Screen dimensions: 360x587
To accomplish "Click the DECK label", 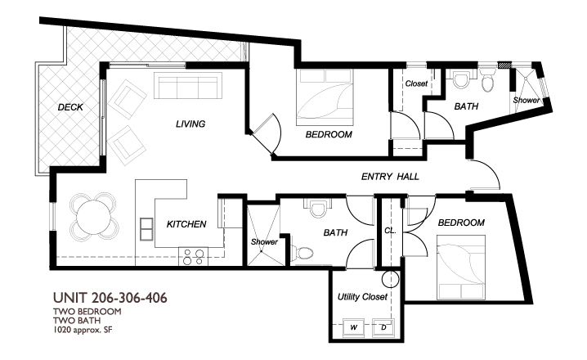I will coord(70,107).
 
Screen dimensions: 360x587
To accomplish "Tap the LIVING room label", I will coord(190,124).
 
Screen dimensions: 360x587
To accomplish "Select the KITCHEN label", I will coord(186,223).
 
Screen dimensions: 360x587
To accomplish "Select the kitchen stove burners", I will coord(193,257).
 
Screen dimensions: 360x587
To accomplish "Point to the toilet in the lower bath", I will coord(305,253).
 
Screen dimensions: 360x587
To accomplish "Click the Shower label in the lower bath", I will coord(264,242).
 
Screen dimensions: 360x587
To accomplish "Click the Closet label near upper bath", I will coord(417,83).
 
